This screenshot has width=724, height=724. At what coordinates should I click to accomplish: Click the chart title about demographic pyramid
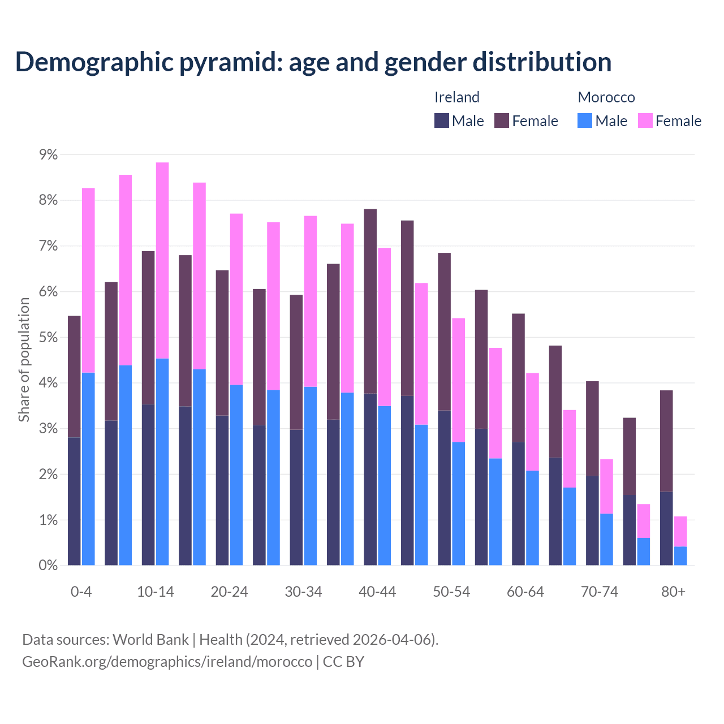click(x=313, y=62)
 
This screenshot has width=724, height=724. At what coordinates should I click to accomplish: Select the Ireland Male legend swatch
click(x=442, y=120)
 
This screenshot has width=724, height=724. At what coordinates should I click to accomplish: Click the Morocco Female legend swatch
click(x=645, y=120)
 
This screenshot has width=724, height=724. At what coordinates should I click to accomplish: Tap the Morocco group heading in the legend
click(x=606, y=97)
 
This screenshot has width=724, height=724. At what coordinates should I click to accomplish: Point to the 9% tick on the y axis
click(x=48, y=155)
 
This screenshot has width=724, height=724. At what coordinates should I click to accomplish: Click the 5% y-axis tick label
click(x=48, y=338)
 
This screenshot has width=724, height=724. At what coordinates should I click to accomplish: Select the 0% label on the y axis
click(x=48, y=566)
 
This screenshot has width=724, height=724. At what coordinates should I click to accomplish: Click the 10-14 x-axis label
click(x=156, y=592)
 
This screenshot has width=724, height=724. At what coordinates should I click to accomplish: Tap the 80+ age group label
click(x=673, y=592)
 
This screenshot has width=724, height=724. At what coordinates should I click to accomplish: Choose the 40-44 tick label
click(x=377, y=592)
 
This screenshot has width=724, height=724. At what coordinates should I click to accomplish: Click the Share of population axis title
click(x=24, y=360)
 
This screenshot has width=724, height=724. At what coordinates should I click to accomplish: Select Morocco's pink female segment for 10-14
click(x=162, y=260)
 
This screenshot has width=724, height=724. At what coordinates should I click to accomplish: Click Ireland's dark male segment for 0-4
click(x=74, y=501)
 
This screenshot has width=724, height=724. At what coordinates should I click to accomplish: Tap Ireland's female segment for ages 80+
click(x=666, y=441)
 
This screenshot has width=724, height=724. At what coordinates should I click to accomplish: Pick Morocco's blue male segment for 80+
click(x=680, y=556)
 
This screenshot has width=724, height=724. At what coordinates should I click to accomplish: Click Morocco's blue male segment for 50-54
click(x=459, y=503)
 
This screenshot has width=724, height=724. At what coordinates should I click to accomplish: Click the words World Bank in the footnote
click(x=150, y=640)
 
